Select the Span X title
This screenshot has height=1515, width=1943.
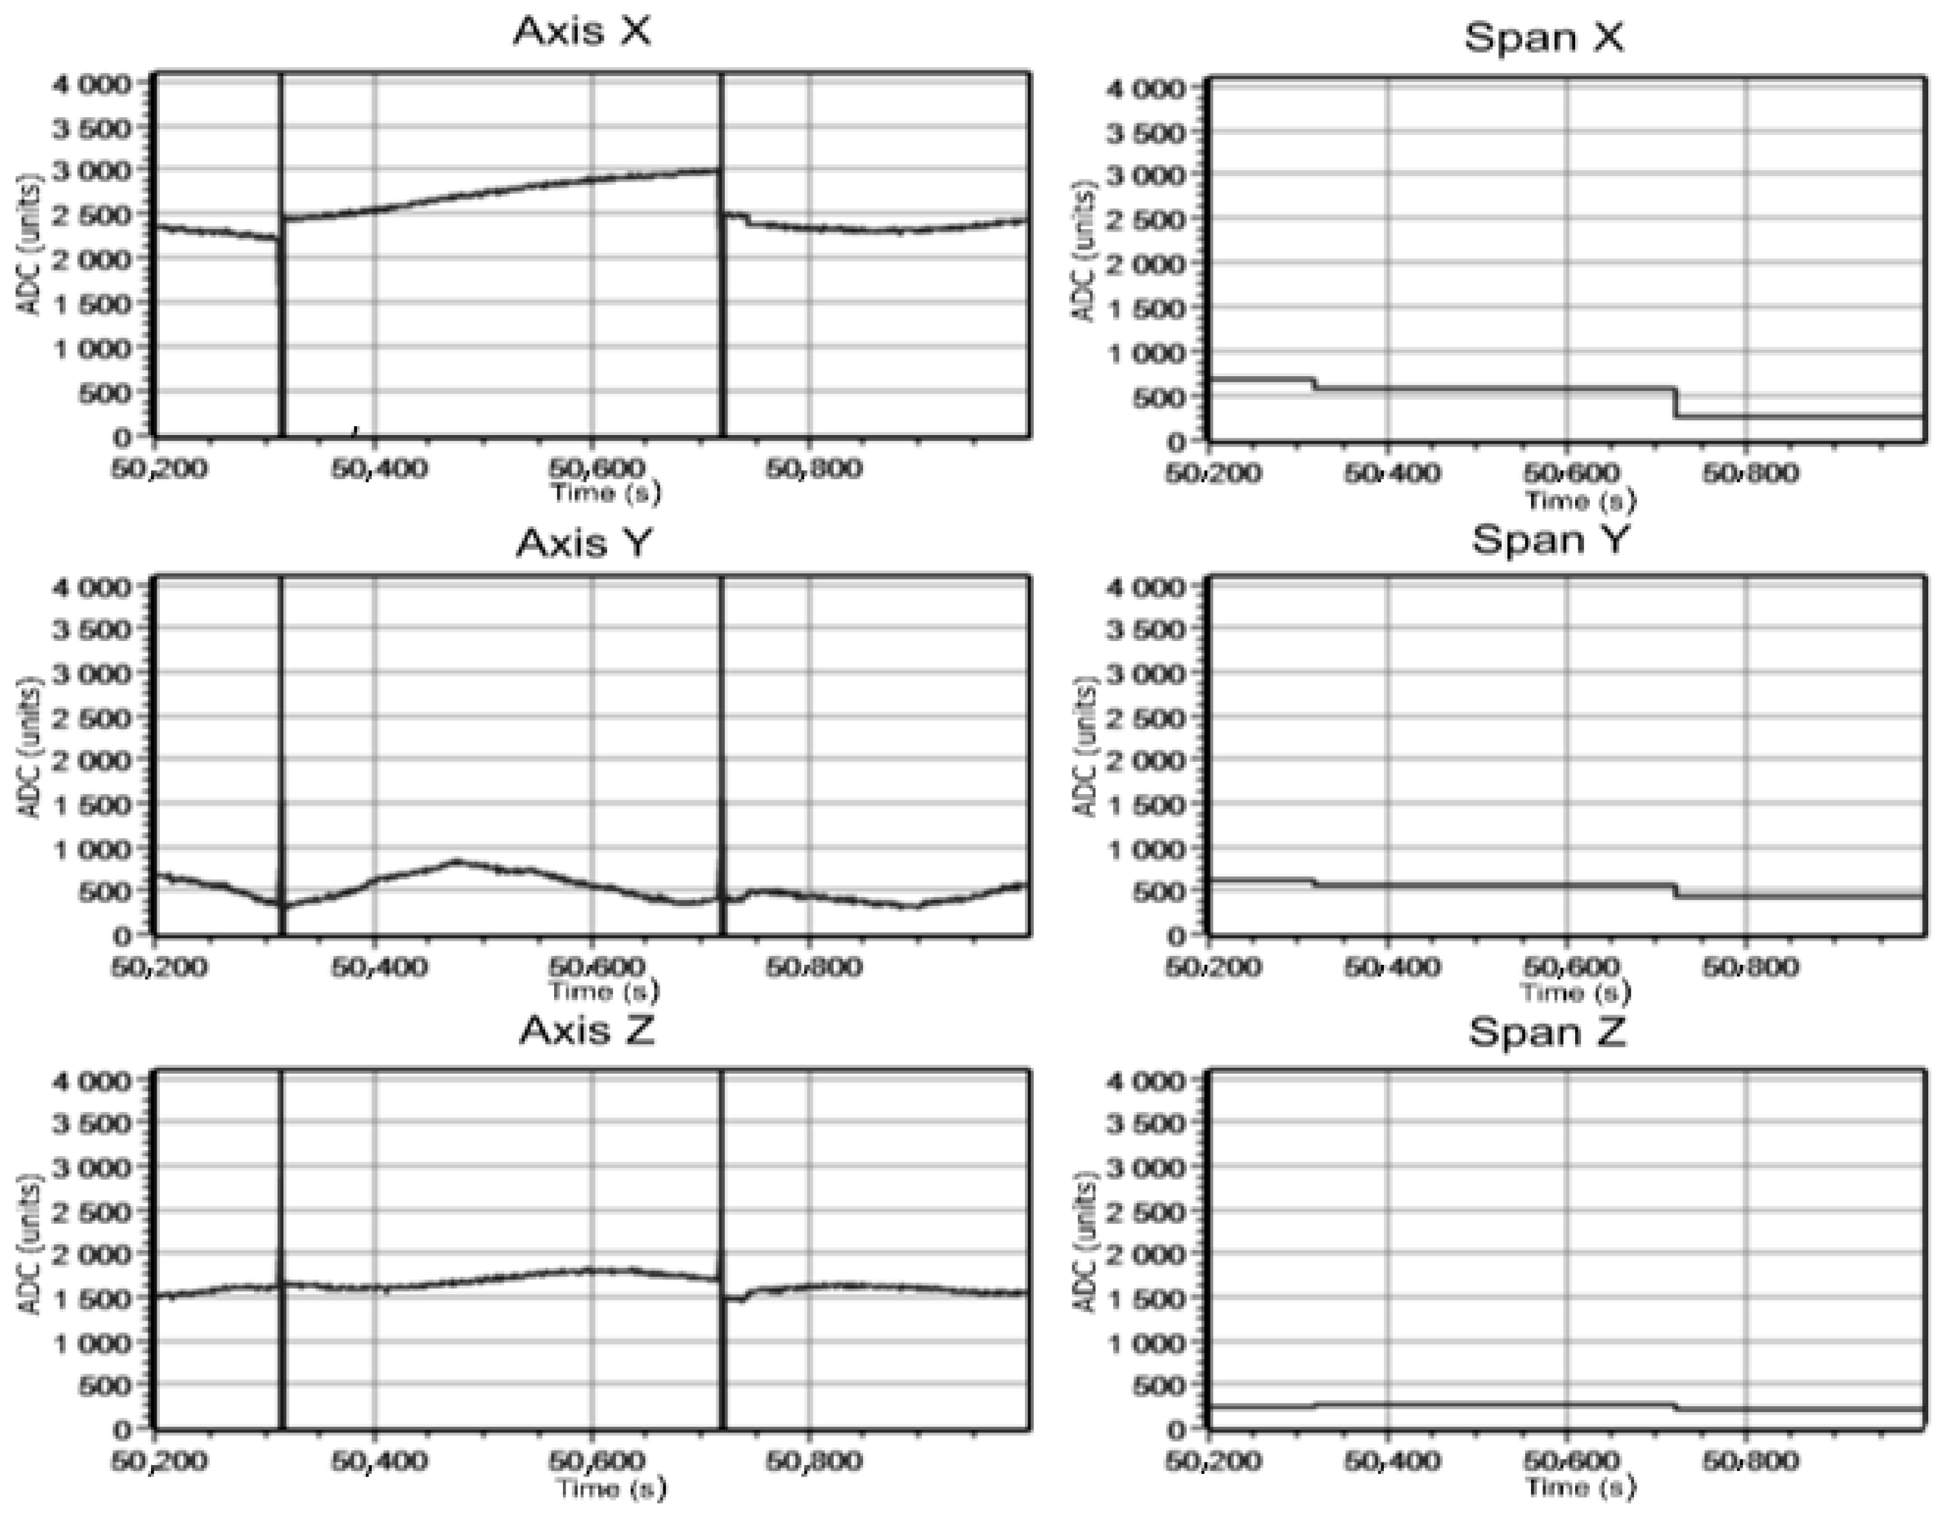point(1544,37)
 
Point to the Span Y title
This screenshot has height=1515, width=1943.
point(1549,538)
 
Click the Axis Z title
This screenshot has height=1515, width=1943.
point(586,1030)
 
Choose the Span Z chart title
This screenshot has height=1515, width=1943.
point(1547,1032)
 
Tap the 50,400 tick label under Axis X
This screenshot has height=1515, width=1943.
point(378,467)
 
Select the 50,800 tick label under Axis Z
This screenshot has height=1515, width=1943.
point(813,1461)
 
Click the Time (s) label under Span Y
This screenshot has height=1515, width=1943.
point(1576,991)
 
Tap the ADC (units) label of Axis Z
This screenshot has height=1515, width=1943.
point(29,1255)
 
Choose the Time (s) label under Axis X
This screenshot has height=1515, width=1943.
point(606,492)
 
